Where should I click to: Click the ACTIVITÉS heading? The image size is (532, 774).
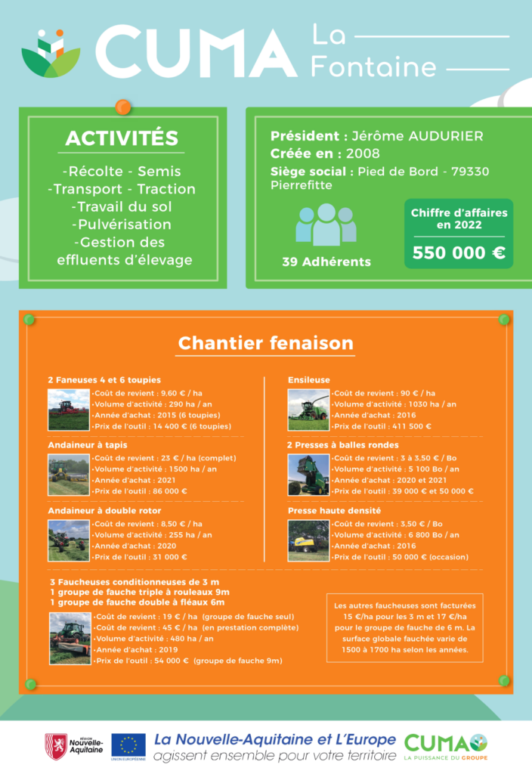click(122, 138)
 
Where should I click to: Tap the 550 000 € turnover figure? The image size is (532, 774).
click(459, 252)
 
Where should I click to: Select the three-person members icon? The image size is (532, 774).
click(326, 224)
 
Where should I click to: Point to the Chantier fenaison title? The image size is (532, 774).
click(265, 343)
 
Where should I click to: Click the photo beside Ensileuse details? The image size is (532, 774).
click(308, 410)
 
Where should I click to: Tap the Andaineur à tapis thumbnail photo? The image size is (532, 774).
click(69, 475)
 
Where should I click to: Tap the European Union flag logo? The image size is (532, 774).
click(128, 746)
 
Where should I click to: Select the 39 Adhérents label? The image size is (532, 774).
click(326, 262)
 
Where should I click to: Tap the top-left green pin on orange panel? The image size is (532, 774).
click(29, 320)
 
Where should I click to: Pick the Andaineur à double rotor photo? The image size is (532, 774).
click(69, 540)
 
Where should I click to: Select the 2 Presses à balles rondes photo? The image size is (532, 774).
click(308, 475)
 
